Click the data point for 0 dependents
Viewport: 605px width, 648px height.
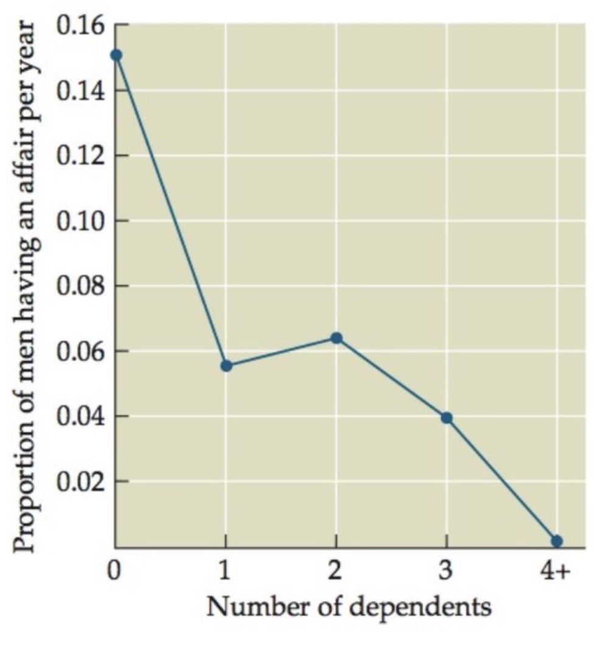coord(116,55)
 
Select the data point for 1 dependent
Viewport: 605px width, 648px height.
coord(226,366)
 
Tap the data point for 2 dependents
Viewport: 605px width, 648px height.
coord(337,338)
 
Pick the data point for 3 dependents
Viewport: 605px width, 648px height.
coord(447,417)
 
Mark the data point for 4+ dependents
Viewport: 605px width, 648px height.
coord(557,541)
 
